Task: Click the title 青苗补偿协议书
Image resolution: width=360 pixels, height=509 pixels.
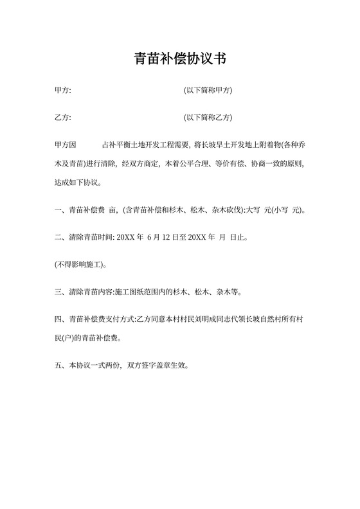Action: (x=179, y=59)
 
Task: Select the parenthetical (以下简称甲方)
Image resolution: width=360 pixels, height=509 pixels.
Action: (x=208, y=91)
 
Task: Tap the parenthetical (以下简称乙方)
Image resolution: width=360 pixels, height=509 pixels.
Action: (x=208, y=118)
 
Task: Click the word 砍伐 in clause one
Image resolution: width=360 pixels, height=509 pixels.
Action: (x=230, y=210)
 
